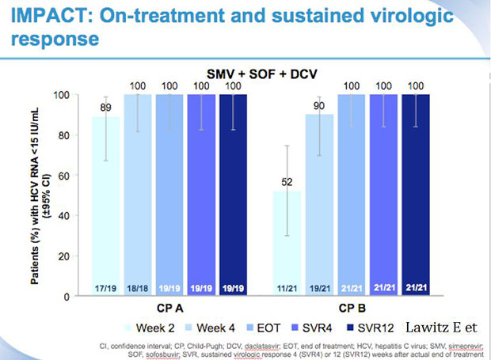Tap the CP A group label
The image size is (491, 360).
(162, 309)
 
